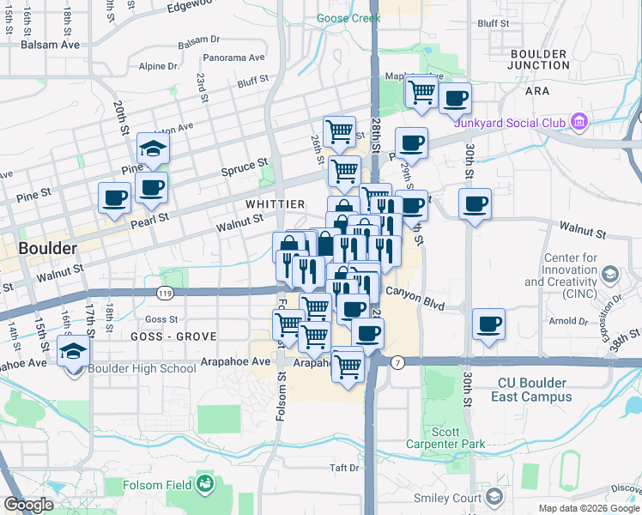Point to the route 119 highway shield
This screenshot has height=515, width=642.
tap(163, 294)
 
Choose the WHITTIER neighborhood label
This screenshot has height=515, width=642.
tap(275, 204)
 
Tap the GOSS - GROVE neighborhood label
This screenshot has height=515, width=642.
tap(168, 336)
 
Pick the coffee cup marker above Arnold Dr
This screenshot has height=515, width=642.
tap(489, 324)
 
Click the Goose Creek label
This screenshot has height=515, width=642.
tap(348, 17)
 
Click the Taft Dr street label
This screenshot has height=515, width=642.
tap(343, 468)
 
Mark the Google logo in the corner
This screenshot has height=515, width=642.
tap(28, 505)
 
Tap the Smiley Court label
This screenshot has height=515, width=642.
tap(451, 498)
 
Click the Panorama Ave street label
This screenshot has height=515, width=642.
tap(234, 58)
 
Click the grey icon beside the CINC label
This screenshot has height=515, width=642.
tap(610, 275)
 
